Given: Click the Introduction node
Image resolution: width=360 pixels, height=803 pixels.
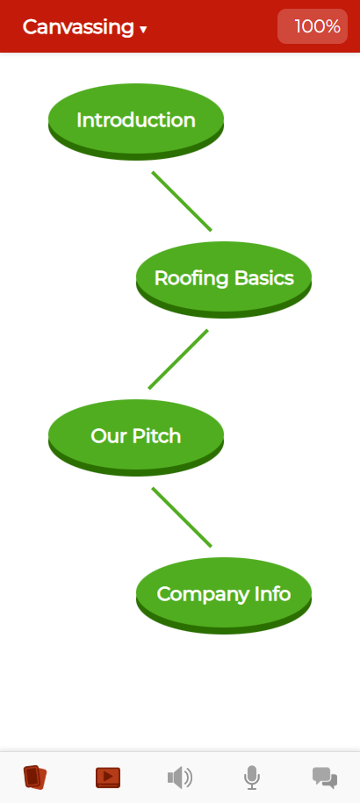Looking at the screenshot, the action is [x=136, y=121].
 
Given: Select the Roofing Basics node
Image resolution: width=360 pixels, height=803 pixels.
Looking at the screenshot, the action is [x=224, y=280].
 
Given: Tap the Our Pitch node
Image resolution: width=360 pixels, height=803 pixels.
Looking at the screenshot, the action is [x=136, y=437].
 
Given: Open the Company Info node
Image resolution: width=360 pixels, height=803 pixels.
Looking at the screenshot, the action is [x=224, y=595].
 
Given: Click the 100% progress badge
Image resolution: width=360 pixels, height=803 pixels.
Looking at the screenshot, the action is [x=313, y=26].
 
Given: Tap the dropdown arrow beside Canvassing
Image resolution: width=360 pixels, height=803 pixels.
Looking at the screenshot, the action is [x=143, y=30].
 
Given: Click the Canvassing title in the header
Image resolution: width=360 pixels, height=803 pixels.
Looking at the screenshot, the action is [x=78, y=26].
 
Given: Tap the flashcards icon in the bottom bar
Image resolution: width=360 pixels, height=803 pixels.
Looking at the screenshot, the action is [x=35, y=778].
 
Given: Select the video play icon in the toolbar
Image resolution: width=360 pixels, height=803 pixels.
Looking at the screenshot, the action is [x=108, y=778].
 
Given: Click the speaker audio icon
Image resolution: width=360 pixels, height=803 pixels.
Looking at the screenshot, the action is [x=180, y=778].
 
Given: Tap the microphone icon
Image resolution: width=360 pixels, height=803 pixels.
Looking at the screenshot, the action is [x=251, y=778].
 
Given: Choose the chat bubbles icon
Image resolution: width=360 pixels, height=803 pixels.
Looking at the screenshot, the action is [x=325, y=778].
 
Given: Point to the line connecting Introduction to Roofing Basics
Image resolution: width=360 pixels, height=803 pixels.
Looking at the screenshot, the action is [x=182, y=201].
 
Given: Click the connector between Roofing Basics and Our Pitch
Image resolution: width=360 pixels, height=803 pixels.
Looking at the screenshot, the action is [x=178, y=359].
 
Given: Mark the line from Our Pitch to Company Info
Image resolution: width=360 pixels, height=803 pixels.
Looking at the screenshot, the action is [x=182, y=517].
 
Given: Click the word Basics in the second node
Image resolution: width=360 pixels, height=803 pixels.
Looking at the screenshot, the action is [x=264, y=278].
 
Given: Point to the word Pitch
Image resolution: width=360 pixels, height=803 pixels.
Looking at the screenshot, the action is [x=156, y=436].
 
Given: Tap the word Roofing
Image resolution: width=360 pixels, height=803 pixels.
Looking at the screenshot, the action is [x=191, y=279].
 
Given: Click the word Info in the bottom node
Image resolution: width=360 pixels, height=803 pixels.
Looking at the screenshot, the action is [x=272, y=593].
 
